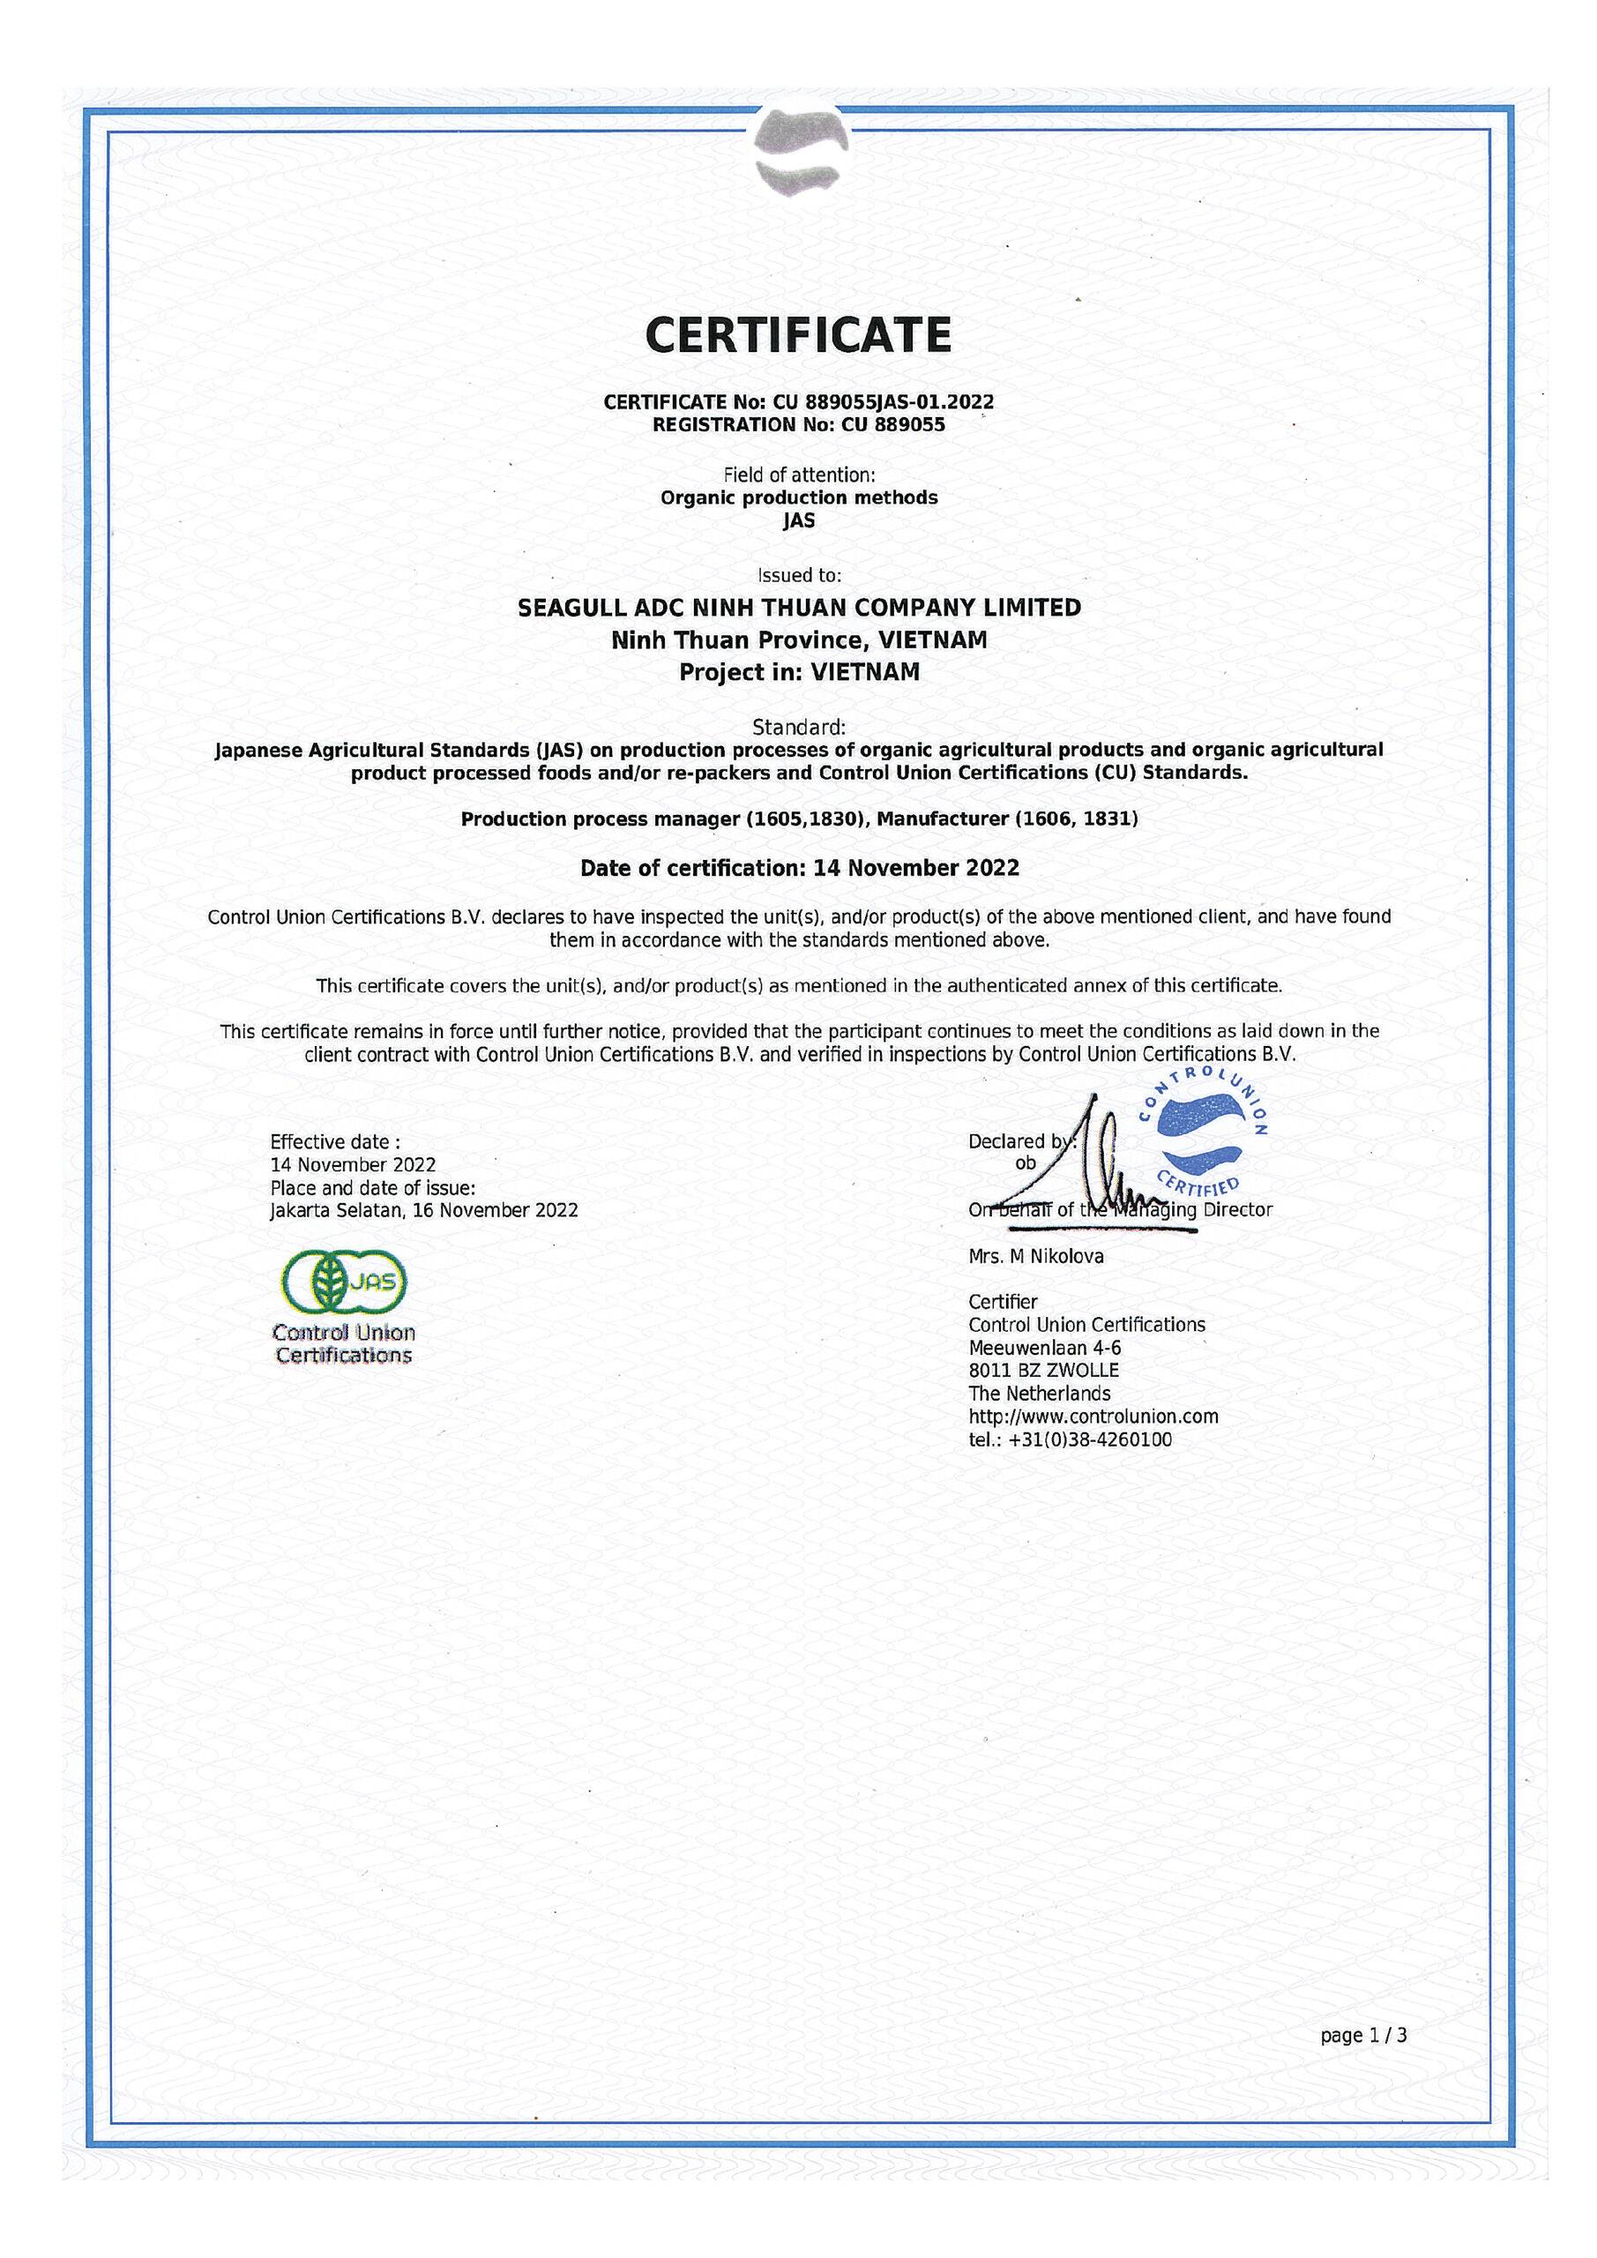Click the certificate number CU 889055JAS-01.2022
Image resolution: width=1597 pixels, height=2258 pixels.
tap(883, 401)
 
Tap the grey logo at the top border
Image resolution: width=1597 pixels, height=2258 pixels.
tap(799, 151)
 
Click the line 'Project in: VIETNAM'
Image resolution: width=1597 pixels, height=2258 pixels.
tap(799, 673)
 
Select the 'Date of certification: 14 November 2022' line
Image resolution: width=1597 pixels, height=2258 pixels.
tap(799, 869)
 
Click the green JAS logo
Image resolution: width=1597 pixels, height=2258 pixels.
tap(344, 1282)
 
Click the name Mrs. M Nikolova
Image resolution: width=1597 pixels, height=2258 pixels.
tap(1035, 1257)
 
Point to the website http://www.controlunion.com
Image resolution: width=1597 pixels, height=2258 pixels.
tap(1093, 1417)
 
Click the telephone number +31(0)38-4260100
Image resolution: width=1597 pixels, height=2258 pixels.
tap(1090, 1439)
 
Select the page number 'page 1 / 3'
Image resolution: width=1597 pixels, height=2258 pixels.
tap(1363, 2036)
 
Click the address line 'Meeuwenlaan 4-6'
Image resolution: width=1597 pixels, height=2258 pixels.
tap(1044, 1349)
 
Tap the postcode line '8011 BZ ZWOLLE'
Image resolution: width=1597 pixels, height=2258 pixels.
tap(1043, 1371)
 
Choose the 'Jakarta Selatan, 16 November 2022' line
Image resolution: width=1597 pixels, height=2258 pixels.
tap(424, 1211)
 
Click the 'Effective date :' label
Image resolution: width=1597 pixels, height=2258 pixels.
tap(334, 1141)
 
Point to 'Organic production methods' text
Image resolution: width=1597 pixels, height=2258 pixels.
tap(799, 497)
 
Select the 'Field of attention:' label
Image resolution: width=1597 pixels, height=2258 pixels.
tap(799, 475)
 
